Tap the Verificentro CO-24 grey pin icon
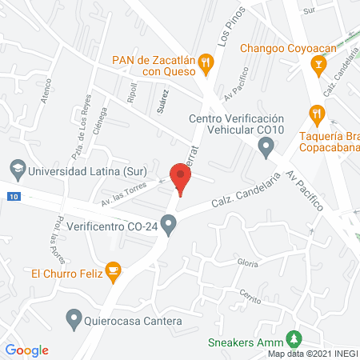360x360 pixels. pos(168,227)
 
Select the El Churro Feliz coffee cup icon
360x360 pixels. pos(114,272)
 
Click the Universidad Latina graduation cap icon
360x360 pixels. pos(15,170)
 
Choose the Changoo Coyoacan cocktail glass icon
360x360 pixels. pos(319,65)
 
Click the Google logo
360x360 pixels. pos(26,350)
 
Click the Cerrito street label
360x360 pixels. pos(250,293)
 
